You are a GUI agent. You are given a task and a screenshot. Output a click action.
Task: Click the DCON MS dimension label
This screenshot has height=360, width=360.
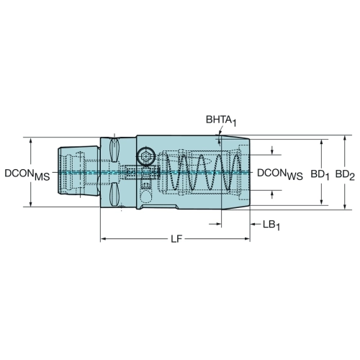click(x=27, y=174)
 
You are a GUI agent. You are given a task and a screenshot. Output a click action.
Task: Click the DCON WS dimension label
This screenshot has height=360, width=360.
click(x=280, y=174)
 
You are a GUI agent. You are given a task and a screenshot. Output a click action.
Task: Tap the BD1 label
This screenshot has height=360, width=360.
click(x=320, y=174)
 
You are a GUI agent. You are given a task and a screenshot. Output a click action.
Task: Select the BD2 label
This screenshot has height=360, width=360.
click(x=345, y=174)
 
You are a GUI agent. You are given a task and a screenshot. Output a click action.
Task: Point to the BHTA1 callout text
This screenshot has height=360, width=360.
click(x=221, y=120)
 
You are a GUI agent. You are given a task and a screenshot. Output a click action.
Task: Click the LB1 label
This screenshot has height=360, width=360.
click(x=271, y=225)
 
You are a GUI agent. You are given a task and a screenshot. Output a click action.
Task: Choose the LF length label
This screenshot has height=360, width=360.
click(x=176, y=239)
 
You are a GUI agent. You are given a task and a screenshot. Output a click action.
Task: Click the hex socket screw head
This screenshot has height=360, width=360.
click(x=145, y=157)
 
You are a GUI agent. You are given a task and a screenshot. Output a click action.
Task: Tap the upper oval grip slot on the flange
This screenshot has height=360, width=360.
click(x=114, y=150)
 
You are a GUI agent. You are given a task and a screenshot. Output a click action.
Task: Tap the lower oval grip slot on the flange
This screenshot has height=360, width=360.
click(x=114, y=194)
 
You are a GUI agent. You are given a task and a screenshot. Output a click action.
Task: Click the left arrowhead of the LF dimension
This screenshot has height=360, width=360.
click(x=103, y=239)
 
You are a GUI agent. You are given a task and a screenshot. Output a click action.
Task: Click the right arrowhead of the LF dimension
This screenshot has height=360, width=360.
click(x=247, y=239)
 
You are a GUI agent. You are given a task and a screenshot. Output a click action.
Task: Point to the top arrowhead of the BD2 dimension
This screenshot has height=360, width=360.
click(x=345, y=138)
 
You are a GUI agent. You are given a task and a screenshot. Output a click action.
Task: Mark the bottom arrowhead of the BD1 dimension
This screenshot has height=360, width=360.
click(x=322, y=202)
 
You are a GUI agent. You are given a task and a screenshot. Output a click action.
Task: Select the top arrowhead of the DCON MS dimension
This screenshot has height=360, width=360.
click(x=31, y=140)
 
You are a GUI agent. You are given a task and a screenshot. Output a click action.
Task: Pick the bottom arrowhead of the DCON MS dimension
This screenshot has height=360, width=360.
click(x=31, y=204)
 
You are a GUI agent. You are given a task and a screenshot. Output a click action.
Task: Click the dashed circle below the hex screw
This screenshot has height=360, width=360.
click(x=145, y=197)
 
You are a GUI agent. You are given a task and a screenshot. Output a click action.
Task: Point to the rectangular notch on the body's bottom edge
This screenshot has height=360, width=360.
click(x=159, y=207)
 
